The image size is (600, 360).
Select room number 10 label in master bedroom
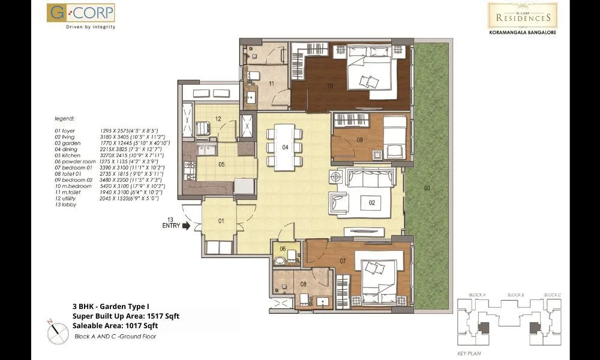point(330,86)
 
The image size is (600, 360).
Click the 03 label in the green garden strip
point(427,188)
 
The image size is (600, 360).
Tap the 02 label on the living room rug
point(371,203)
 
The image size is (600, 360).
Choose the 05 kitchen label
point(221,164)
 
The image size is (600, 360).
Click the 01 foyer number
point(221,221)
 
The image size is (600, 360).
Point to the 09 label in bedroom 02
point(359,140)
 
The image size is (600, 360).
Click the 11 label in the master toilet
point(271,84)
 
